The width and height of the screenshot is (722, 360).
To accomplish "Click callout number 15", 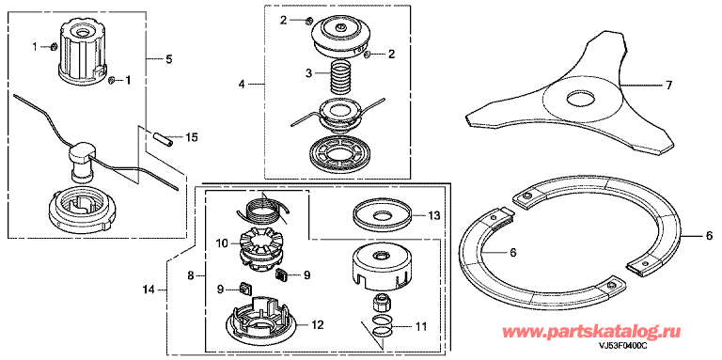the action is click(191, 137).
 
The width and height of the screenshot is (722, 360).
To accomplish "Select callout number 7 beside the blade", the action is click(668, 86).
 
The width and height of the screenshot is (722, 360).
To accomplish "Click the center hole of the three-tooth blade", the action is click(583, 98).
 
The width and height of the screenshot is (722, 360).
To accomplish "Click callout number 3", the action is click(309, 73).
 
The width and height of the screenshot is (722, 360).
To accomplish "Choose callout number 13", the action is click(433, 215).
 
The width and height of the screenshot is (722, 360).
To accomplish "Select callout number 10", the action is click(222, 243).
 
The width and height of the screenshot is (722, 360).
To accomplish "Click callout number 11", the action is click(421, 328).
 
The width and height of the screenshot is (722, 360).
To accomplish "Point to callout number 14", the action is click(149, 290).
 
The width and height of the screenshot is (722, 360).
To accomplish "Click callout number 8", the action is click(191, 276).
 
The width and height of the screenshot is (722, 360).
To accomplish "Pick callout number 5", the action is click(169, 59).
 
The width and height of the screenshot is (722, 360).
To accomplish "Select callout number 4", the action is click(242, 85).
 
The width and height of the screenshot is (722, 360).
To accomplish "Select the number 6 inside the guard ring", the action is click(513, 252).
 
